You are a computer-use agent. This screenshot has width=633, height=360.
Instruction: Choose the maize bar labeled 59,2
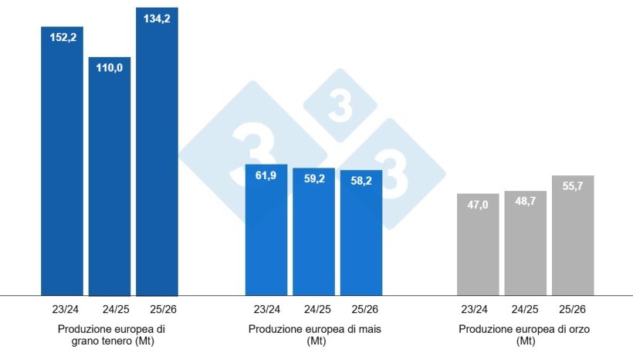point(313,231)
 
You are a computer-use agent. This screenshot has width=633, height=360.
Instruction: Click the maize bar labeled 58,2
point(361,232)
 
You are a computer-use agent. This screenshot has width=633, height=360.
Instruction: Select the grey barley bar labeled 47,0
point(478,244)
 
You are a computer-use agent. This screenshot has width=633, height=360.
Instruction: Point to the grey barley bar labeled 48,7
point(525,243)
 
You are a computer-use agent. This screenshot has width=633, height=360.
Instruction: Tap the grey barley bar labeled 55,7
point(573,235)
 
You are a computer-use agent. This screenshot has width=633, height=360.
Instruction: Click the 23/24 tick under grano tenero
point(62,310)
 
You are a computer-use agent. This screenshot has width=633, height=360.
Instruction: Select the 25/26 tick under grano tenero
point(157,310)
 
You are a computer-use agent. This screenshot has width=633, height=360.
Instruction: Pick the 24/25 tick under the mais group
point(314,310)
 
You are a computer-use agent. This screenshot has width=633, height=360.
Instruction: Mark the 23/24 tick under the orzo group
point(478,310)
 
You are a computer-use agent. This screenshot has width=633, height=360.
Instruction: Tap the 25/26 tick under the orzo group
point(573,310)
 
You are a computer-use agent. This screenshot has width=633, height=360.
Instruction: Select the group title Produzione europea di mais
point(314,335)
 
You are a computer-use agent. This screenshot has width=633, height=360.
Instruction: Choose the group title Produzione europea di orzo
point(526,335)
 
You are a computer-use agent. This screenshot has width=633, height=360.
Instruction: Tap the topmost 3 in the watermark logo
point(340,108)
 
